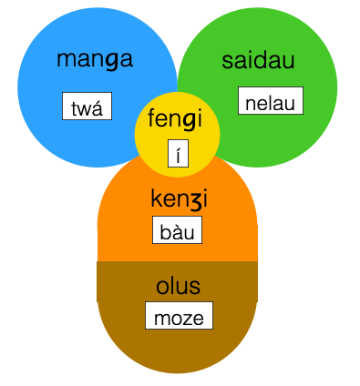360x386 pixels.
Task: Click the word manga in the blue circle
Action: coord(95,61)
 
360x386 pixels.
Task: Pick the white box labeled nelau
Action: coord(270,101)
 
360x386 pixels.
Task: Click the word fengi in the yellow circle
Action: coord(179,118)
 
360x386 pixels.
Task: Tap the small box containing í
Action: coord(179,154)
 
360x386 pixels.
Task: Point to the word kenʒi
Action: coord(178,198)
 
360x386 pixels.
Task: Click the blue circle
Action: coord(55,91)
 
